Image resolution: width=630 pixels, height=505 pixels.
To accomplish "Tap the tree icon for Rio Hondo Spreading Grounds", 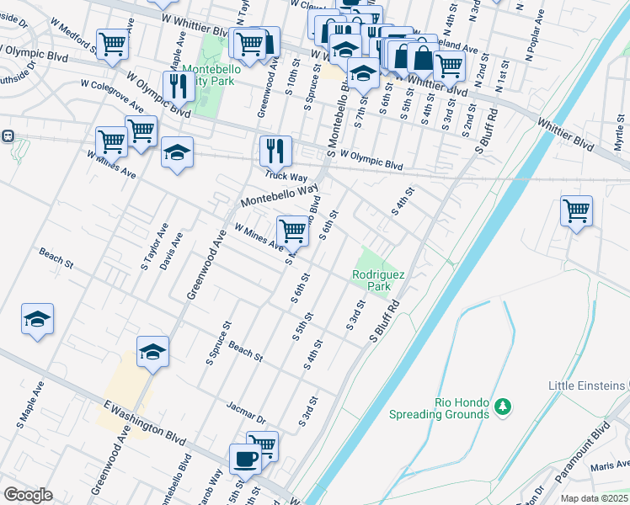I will coord(503,407).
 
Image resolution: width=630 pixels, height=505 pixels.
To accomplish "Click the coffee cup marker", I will coord(246,460).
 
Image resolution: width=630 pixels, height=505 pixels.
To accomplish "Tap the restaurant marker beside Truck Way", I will coord(275,151).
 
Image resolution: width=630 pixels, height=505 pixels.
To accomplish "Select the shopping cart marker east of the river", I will coord(576,210).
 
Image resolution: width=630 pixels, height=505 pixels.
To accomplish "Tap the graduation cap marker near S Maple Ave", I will coord(38,319).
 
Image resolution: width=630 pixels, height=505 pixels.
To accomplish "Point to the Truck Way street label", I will coord(286,176).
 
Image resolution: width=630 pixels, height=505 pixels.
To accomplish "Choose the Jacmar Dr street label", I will coord(246,412).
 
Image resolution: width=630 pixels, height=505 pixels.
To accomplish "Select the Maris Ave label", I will coord(610,465).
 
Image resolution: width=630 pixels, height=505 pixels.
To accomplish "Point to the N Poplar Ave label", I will coord(532,46).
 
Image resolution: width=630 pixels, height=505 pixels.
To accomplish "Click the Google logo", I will coord(28,495).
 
